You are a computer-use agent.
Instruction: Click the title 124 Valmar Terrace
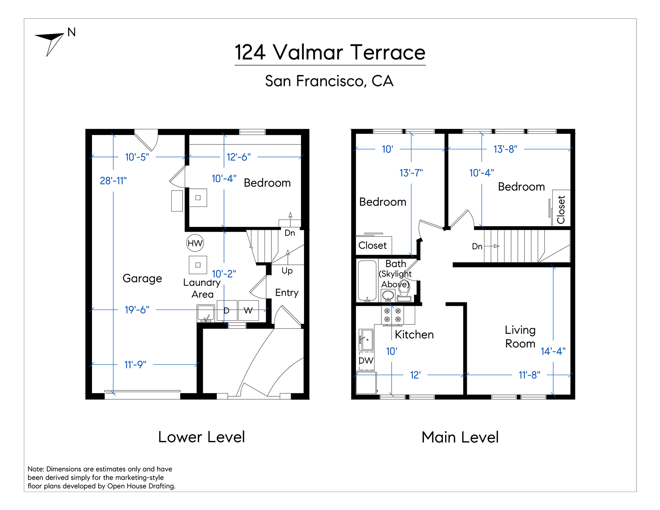(x=330, y=52)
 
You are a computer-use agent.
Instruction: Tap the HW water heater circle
(x=195, y=243)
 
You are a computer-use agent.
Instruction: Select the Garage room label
(x=142, y=279)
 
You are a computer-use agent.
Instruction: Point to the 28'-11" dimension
(x=113, y=181)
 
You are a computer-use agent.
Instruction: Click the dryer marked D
(x=227, y=311)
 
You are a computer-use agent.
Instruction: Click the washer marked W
(x=248, y=311)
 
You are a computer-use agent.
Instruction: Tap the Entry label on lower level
(x=287, y=293)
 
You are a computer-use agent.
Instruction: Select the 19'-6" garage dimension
(x=137, y=310)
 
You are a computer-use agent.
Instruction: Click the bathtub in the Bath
(x=367, y=280)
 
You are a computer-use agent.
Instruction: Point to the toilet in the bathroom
(x=404, y=292)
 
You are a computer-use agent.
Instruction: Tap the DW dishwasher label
(x=366, y=361)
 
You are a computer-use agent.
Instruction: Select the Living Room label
(x=520, y=337)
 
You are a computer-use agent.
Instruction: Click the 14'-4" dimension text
(x=553, y=351)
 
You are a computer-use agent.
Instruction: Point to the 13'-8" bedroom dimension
(x=505, y=149)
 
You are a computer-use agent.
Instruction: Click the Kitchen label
(x=414, y=335)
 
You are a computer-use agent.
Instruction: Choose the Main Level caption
(x=460, y=437)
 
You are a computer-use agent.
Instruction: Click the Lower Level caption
(x=201, y=437)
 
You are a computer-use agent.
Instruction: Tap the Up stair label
(x=287, y=271)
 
